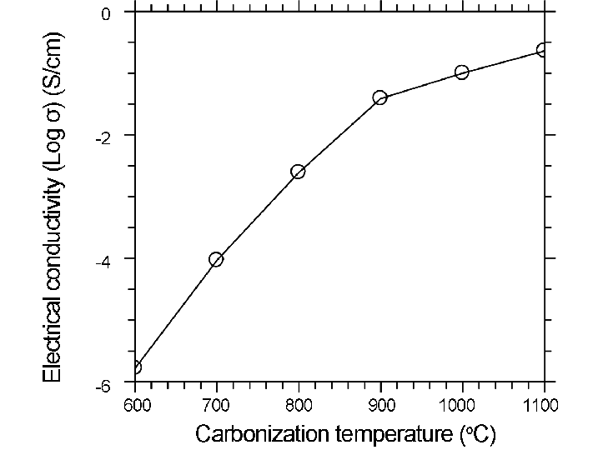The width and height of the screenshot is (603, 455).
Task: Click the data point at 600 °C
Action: click(x=134, y=367)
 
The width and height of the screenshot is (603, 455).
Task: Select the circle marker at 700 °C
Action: click(x=216, y=259)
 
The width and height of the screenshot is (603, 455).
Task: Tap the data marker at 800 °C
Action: click(x=298, y=172)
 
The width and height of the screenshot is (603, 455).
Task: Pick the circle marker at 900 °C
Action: click(x=380, y=97)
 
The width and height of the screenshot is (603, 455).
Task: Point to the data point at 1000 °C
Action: click(x=462, y=72)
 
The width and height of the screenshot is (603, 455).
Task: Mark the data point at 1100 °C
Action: click(x=544, y=50)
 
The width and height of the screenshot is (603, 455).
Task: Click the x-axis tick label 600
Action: click(x=134, y=406)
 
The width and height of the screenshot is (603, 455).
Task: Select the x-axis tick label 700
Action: click(x=216, y=406)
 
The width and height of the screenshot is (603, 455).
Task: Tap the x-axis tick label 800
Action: click(x=299, y=406)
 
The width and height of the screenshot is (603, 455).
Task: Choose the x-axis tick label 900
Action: click(x=380, y=406)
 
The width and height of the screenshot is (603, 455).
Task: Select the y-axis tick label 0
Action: click(x=106, y=15)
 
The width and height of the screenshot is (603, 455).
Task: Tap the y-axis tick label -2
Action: click(x=103, y=137)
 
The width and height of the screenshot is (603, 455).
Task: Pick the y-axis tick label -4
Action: click(x=103, y=262)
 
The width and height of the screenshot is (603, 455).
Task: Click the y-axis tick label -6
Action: click(x=103, y=386)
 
